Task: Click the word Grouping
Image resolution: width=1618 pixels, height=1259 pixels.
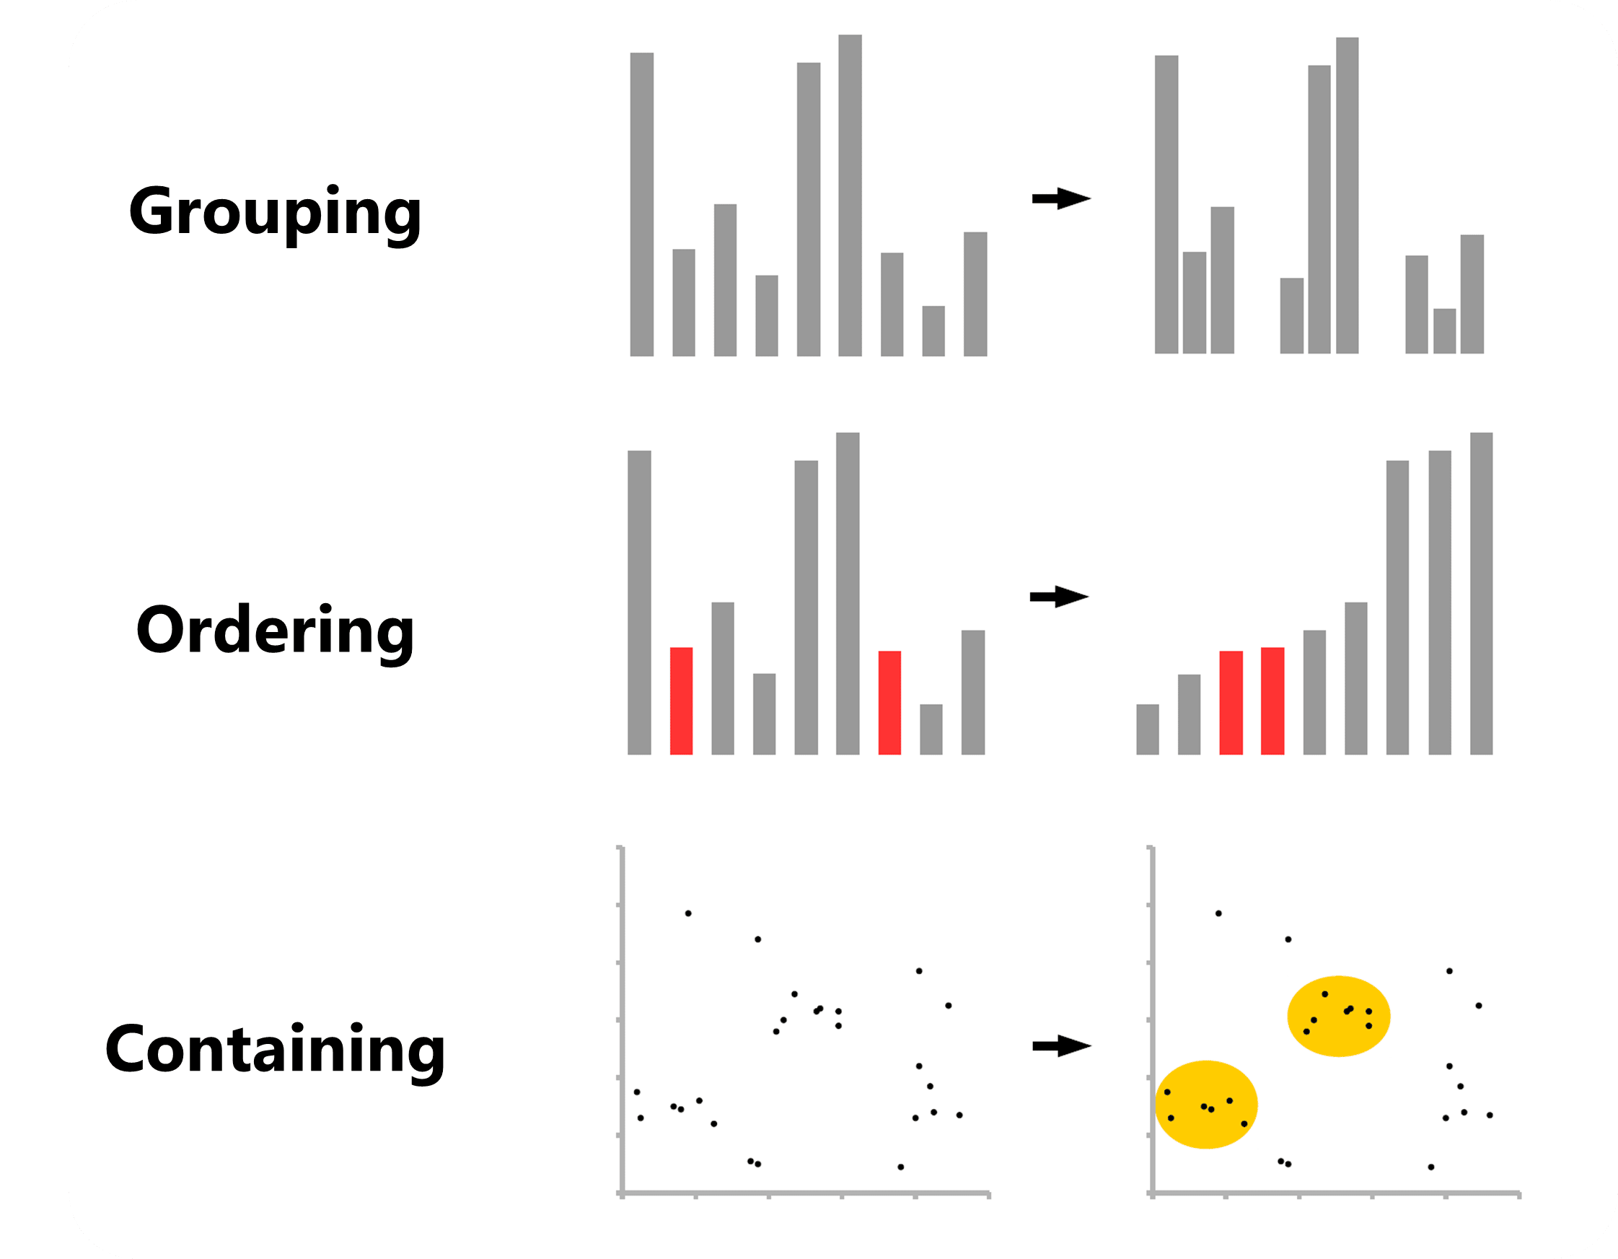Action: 275,213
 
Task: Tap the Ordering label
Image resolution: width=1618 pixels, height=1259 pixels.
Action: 275,631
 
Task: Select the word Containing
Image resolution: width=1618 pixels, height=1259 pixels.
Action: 275,1049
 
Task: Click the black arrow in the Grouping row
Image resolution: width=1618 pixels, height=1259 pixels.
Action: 1061,198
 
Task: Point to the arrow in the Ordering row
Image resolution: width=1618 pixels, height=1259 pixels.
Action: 1059,597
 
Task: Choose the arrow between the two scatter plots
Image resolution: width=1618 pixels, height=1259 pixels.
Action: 1061,1046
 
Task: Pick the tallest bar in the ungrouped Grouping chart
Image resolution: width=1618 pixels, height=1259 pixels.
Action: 850,196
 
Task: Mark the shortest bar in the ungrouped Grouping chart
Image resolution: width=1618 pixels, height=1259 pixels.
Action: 933,331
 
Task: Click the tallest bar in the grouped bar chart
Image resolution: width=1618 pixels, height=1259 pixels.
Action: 1347,196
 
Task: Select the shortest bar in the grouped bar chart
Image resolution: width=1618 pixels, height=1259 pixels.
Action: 1444,331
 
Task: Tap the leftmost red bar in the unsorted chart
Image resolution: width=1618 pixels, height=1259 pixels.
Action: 681,701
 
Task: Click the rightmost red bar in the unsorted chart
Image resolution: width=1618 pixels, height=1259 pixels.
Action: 889,703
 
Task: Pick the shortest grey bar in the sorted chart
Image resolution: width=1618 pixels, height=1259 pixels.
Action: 1147,729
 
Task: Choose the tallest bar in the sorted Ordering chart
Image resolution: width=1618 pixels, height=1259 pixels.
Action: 1481,594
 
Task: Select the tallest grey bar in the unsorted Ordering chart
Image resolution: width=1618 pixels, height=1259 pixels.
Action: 848,594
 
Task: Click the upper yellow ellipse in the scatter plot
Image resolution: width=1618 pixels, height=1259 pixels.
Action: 1338,1016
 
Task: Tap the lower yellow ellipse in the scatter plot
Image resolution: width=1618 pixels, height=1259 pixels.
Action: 1206,1104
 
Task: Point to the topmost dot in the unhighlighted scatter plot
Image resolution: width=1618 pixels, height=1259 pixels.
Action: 688,913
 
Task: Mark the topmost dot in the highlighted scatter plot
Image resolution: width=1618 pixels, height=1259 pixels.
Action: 1218,913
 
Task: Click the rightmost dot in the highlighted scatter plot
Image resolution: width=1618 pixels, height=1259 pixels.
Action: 1490,1115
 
